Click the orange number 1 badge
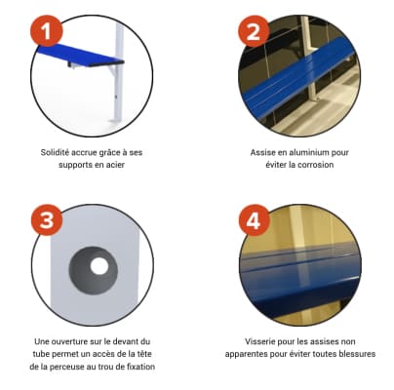(47, 31)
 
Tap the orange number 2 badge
(254, 31)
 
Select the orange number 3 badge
(47, 220)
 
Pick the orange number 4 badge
(254, 220)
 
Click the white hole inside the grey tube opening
(99, 266)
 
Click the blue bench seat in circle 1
(80, 55)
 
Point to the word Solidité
(55, 152)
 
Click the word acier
(115, 165)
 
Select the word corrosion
(316, 165)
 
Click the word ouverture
(66, 341)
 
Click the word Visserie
(259, 341)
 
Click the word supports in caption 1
(74, 165)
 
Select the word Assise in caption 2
(261, 152)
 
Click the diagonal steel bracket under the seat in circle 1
(112, 71)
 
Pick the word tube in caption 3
(41, 354)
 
